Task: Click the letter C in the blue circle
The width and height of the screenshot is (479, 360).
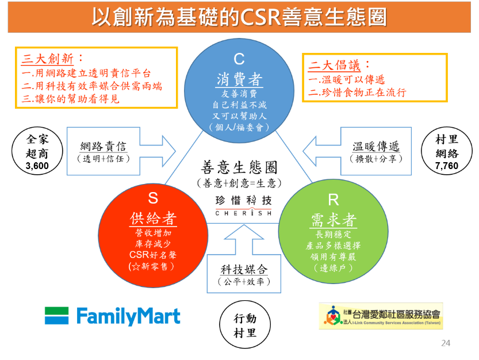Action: click(x=239, y=59)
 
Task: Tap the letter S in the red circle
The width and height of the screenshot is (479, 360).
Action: click(x=153, y=198)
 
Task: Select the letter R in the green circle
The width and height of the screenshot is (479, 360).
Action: click(x=334, y=200)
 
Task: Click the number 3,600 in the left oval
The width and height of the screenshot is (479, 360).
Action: click(x=37, y=166)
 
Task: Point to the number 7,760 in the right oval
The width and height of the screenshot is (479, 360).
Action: click(x=447, y=166)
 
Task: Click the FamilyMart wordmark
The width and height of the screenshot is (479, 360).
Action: click(x=128, y=316)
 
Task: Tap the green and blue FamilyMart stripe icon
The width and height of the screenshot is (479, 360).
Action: click(x=56, y=315)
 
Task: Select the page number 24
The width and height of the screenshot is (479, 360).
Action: click(x=446, y=343)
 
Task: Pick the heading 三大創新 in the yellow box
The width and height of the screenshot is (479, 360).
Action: click(x=47, y=59)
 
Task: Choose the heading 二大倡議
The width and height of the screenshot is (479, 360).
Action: click(x=334, y=66)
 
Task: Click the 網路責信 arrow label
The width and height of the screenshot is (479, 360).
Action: click(x=104, y=147)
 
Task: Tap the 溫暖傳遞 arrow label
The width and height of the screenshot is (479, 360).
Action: click(x=376, y=147)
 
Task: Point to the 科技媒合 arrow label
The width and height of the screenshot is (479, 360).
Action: click(x=244, y=270)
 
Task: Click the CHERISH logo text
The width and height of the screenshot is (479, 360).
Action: click(x=243, y=213)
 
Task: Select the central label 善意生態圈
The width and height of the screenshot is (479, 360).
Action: click(x=239, y=167)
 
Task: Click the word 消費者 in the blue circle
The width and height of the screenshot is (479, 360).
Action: click(x=239, y=79)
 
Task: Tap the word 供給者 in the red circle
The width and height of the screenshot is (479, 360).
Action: click(x=153, y=219)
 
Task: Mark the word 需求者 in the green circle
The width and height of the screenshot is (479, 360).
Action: click(x=334, y=220)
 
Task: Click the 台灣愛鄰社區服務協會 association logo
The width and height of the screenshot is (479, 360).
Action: click(x=381, y=316)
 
